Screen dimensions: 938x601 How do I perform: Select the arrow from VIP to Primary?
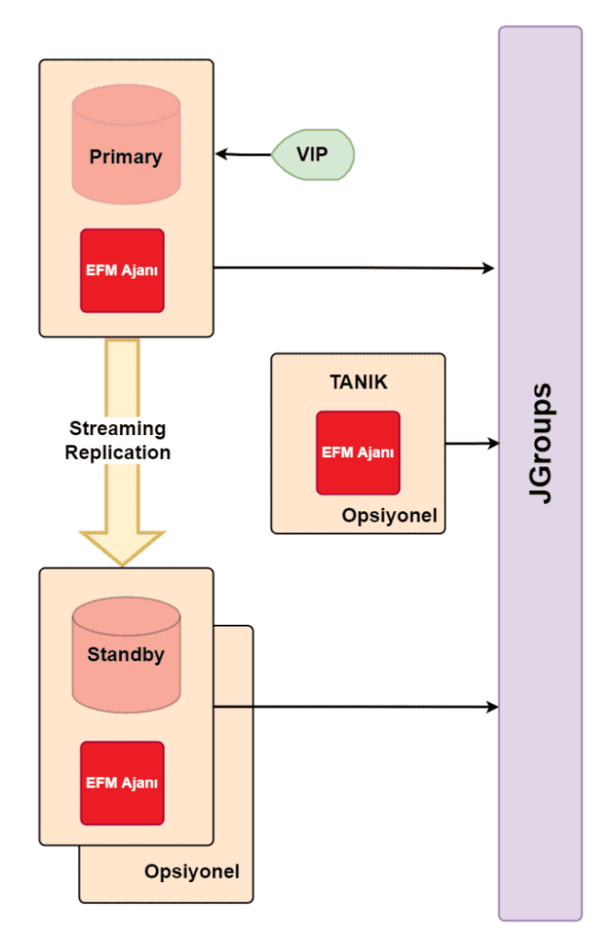[244, 155]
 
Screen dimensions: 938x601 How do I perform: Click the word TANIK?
[358, 382]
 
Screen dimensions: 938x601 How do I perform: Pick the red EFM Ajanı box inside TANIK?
[358, 452]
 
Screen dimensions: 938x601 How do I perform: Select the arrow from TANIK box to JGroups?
[472, 444]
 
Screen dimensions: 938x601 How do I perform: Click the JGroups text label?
[541, 443]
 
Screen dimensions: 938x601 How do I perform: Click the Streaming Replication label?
[117, 440]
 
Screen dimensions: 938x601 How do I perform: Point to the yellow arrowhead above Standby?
[123, 546]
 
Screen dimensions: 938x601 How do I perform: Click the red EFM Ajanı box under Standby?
[123, 782]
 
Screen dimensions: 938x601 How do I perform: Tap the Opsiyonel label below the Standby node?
[192, 870]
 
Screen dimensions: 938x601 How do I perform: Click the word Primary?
[126, 157]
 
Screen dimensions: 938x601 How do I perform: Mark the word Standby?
[126, 655]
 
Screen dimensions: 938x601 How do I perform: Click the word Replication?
[117, 452]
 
